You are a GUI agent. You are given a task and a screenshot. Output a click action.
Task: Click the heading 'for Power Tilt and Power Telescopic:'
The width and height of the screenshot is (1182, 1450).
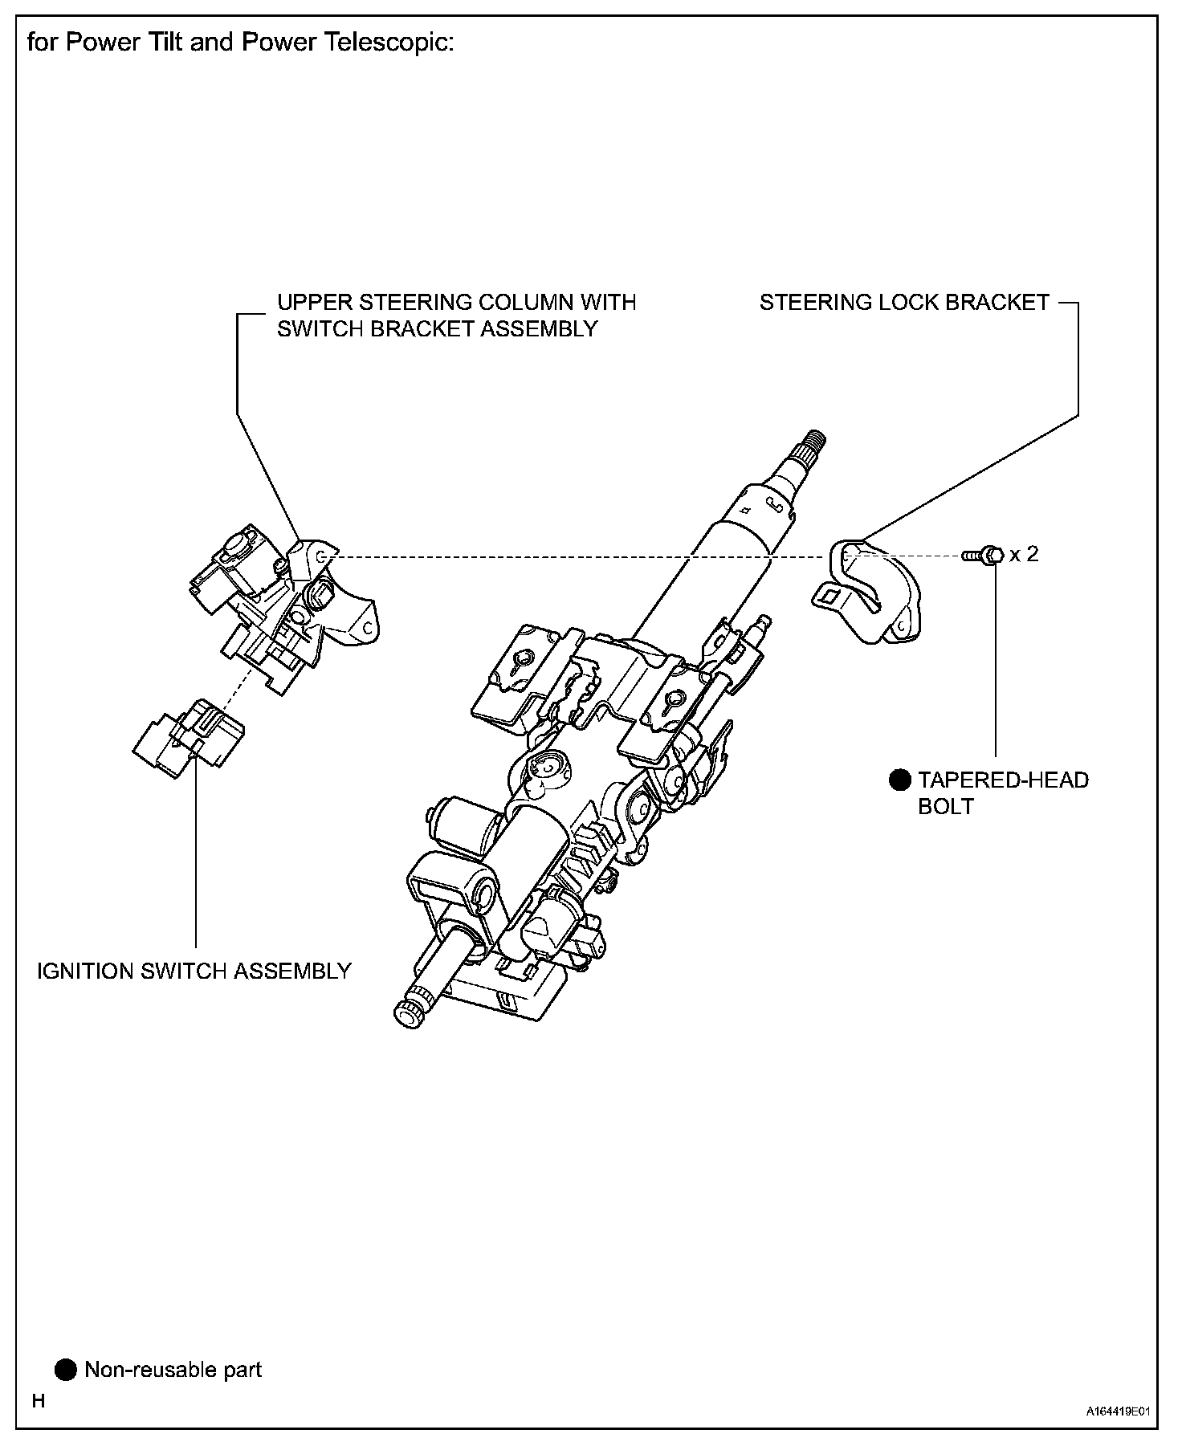240,43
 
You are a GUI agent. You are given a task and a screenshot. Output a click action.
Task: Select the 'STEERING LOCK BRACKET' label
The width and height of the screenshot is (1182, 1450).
904,303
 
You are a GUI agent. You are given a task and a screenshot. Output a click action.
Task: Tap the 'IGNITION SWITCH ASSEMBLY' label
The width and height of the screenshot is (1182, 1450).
194,971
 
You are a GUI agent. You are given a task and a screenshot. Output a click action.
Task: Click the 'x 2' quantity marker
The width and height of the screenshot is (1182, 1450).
1024,554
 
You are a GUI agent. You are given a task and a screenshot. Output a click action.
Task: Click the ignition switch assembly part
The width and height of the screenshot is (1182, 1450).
189,737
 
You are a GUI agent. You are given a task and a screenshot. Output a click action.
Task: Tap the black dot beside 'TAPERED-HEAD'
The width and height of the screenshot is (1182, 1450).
899,780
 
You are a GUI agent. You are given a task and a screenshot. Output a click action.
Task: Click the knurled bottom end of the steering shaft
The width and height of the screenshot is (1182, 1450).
409,1013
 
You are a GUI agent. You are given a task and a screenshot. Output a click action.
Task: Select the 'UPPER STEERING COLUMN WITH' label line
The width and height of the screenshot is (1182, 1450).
456,303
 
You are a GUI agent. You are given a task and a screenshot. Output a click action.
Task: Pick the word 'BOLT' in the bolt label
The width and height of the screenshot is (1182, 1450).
945,806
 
